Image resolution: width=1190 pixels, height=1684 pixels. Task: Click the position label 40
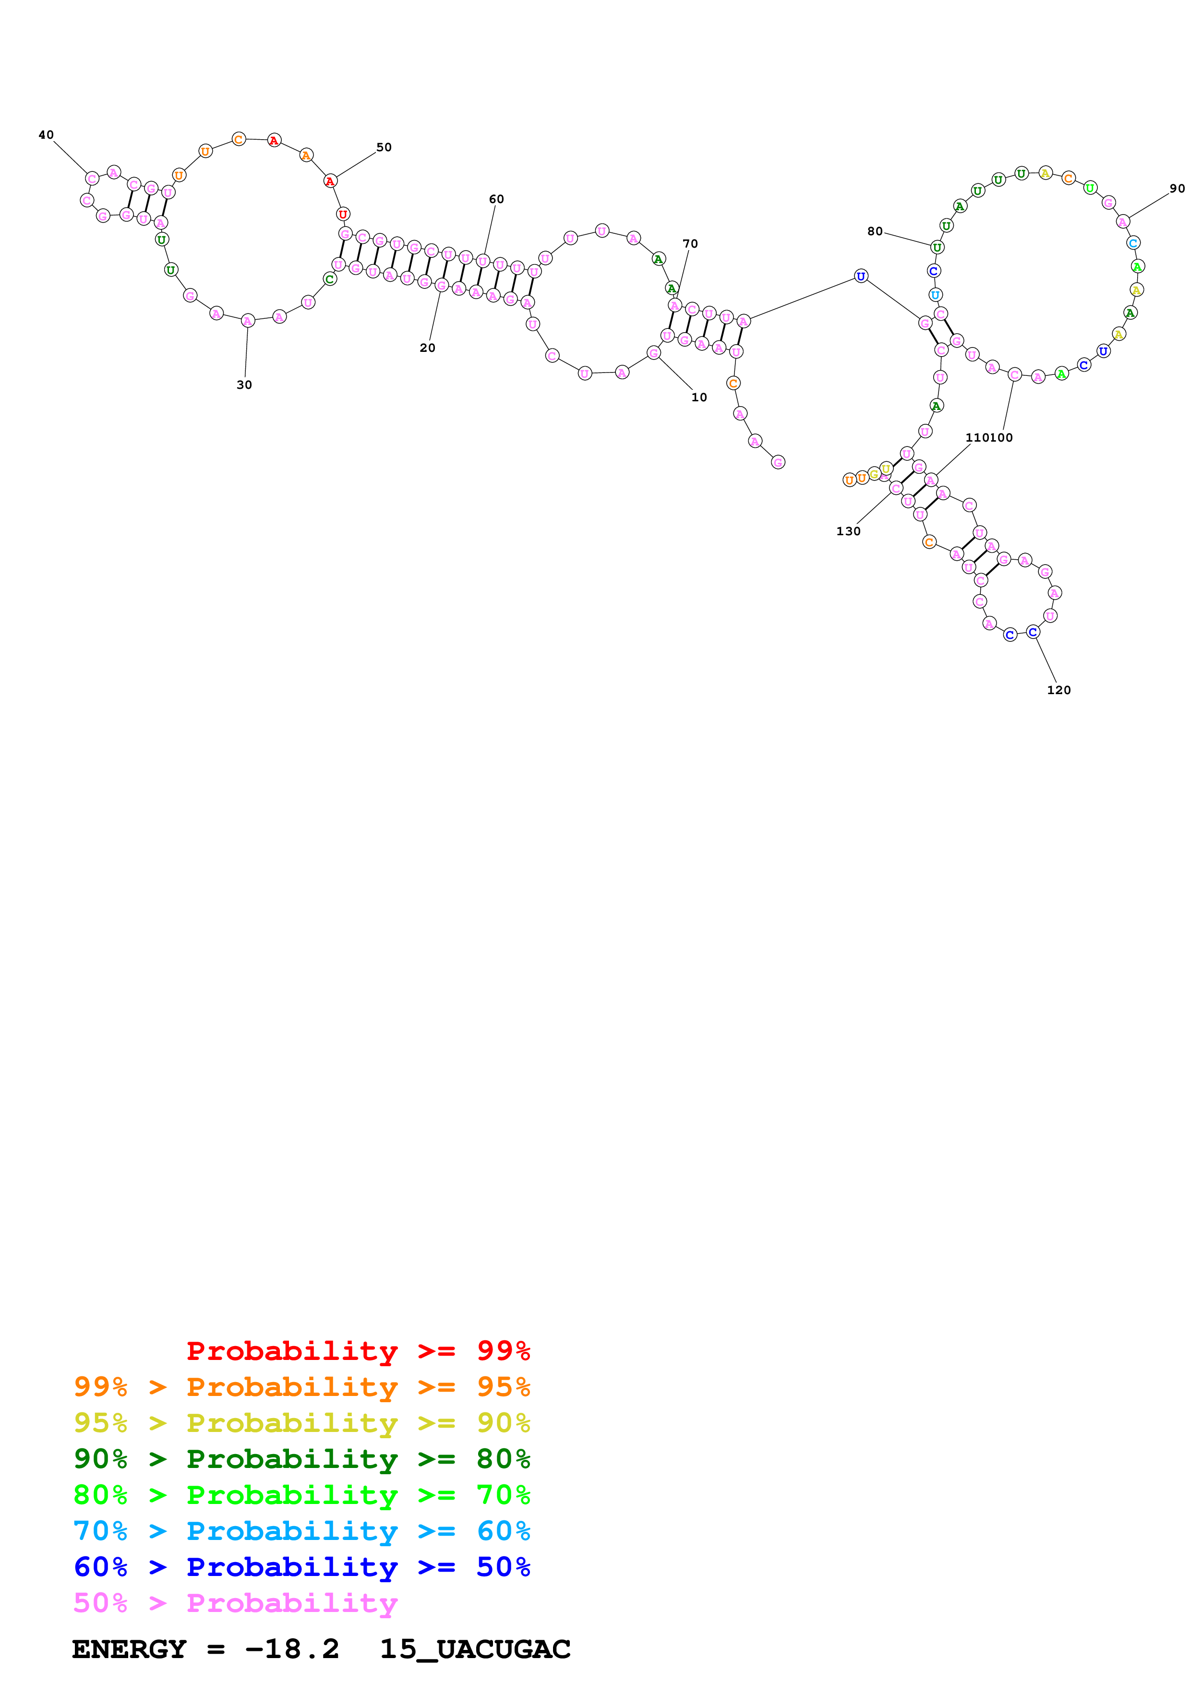click(46, 135)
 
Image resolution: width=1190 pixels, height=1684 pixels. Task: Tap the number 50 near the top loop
click(384, 147)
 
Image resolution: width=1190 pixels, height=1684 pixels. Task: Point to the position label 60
click(496, 200)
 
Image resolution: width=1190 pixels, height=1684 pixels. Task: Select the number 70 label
click(690, 244)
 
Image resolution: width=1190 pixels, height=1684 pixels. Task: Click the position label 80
click(875, 232)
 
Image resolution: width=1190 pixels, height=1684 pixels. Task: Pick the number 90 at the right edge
click(1177, 189)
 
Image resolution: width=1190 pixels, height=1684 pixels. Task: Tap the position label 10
click(699, 397)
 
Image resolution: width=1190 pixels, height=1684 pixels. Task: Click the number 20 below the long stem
click(427, 349)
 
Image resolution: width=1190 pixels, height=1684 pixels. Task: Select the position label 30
click(244, 385)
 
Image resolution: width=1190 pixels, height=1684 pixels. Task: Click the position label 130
click(848, 532)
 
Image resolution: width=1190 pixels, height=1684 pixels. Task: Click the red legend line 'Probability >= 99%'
click(358, 1351)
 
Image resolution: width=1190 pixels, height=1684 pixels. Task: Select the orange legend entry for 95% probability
click(301, 1387)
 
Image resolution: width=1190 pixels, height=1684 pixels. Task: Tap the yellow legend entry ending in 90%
click(301, 1423)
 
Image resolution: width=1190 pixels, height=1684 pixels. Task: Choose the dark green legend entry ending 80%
click(301, 1459)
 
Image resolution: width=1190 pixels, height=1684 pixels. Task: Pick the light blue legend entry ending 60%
click(301, 1531)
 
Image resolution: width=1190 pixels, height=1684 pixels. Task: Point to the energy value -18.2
click(292, 1649)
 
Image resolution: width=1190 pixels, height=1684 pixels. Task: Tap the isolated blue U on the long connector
click(861, 277)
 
